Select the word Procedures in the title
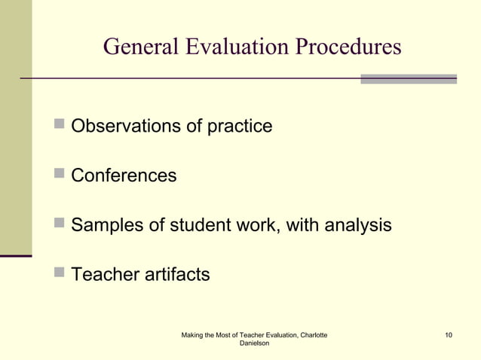[x=348, y=47]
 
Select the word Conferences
[x=124, y=176]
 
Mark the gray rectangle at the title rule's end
[x=408, y=78]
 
